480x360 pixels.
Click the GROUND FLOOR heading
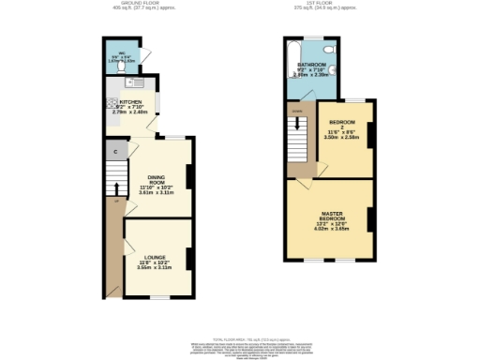click(137, 4)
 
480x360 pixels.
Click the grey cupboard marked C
click(115, 151)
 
